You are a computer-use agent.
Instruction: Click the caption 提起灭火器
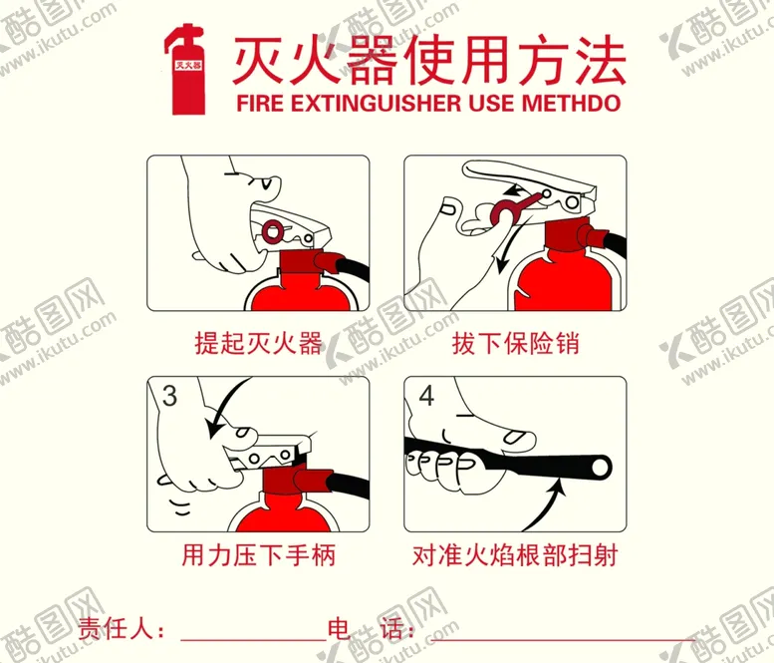click(258, 344)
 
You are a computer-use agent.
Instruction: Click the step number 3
click(169, 396)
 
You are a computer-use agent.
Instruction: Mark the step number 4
click(426, 396)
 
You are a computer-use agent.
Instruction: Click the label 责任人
click(114, 630)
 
